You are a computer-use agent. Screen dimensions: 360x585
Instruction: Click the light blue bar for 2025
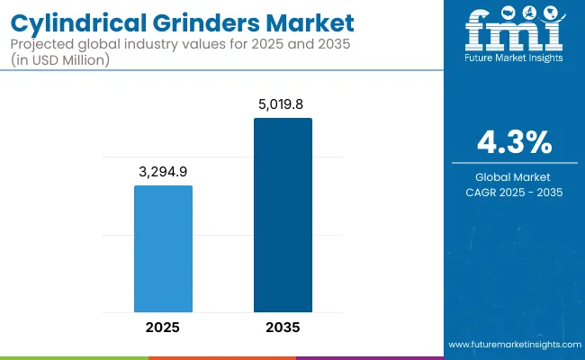(x=163, y=248)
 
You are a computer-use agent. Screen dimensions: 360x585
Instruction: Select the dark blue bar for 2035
(x=283, y=215)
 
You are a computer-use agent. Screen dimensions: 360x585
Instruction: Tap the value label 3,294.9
(x=163, y=171)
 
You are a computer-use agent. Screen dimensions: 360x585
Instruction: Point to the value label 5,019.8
(x=283, y=103)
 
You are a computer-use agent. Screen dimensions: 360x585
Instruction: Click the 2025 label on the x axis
(x=163, y=328)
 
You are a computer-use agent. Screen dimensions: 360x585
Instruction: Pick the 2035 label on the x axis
(x=283, y=328)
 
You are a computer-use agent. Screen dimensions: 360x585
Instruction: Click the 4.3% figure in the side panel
(x=515, y=142)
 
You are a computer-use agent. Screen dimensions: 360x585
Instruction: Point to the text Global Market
(x=515, y=176)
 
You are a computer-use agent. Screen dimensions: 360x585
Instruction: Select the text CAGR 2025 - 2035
(x=515, y=192)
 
